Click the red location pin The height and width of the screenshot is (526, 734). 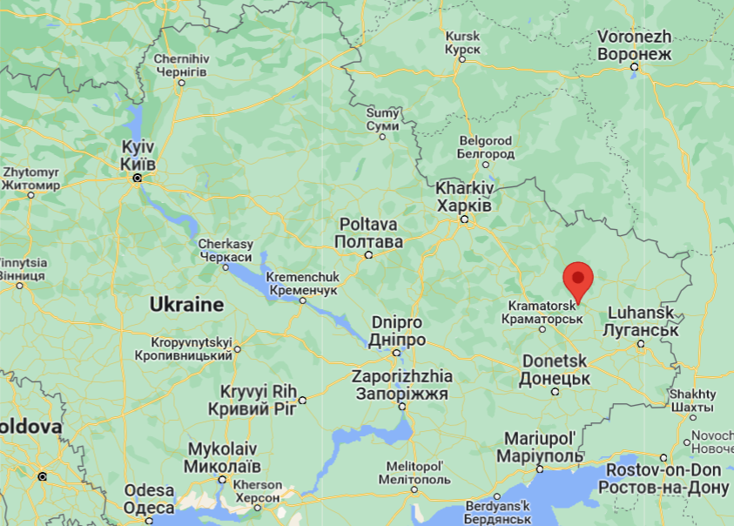[578, 280]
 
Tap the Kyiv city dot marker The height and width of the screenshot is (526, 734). [137, 179]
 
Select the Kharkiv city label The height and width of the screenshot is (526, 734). [464, 197]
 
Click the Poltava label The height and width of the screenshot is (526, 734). [370, 233]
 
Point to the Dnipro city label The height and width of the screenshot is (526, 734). [398, 330]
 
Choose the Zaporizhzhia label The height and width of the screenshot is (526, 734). [401, 385]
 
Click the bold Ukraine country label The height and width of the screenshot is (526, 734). [186, 305]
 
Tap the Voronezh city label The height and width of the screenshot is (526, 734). [635, 45]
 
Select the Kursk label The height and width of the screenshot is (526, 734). [462, 44]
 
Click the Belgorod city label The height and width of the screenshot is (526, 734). [485, 147]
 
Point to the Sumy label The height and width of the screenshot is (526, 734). [382, 119]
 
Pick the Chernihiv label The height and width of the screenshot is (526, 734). [180, 64]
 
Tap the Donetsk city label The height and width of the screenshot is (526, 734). [555, 369]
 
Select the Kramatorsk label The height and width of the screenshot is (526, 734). [542, 312]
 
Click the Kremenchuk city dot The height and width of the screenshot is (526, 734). [303, 300]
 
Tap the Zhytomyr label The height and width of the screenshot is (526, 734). [31, 179]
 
